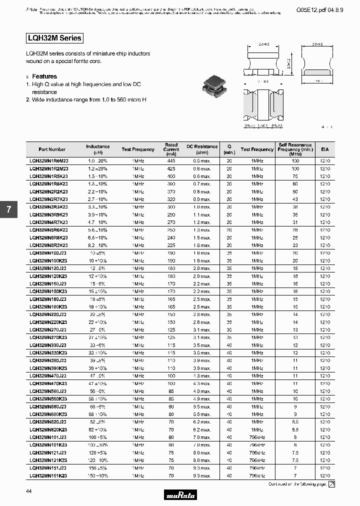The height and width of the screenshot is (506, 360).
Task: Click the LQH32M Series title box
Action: coord(53,38)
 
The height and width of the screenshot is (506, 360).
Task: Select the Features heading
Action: coord(44,76)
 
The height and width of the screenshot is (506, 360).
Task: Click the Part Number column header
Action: coord(52,149)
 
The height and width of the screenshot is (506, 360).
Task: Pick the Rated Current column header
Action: coord(171,149)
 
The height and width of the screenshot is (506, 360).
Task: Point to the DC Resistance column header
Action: coord(202,149)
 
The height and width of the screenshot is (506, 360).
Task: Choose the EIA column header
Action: coord(325,149)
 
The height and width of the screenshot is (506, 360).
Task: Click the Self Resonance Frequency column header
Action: coord(295,149)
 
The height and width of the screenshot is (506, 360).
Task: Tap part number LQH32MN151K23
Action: coord(49,475)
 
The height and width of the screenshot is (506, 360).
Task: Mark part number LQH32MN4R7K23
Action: coord(49,222)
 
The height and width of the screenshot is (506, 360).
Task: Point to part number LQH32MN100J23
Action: coord(49,253)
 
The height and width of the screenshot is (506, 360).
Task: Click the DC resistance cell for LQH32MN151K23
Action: coord(202,475)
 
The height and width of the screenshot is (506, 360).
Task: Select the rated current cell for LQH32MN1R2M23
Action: coord(171,169)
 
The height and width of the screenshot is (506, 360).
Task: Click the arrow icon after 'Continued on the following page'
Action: coord(331,484)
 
